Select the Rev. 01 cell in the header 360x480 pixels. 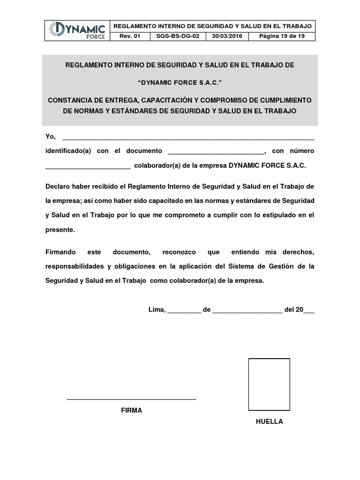pos(130,36)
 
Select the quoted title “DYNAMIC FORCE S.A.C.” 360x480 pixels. pos(180,83)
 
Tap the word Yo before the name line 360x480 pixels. pos(50,136)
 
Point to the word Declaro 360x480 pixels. pos(57,186)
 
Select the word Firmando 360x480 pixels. pos(60,252)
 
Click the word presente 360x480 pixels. pos(60,230)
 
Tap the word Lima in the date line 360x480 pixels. pos(157,310)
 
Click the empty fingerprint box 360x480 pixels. pos(269,384)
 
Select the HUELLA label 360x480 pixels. pos(269,421)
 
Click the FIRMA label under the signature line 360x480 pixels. pos(131,410)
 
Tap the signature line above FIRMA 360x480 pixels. pos(131,399)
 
